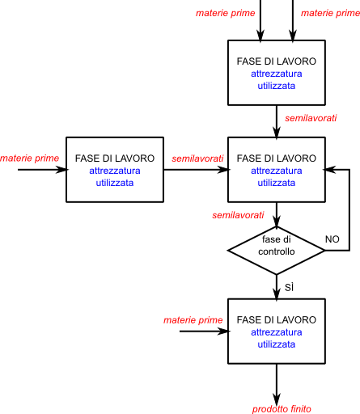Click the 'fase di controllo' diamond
(277, 251)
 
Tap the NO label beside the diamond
(332, 239)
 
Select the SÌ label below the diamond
(289, 288)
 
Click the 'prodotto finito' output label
(282, 409)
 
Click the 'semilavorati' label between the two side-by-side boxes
(197, 158)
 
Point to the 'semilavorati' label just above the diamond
(238, 215)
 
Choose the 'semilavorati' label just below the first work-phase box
(311, 118)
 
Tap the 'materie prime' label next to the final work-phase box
(193, 320)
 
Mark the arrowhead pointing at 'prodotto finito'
(277, 399)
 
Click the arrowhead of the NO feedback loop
(329, 170)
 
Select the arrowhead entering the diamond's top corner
(277, 222)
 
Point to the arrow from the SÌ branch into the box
(277, 286)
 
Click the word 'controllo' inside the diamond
(277, 251)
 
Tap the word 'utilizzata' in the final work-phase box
(277, 344)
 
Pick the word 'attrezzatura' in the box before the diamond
(277, 171)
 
